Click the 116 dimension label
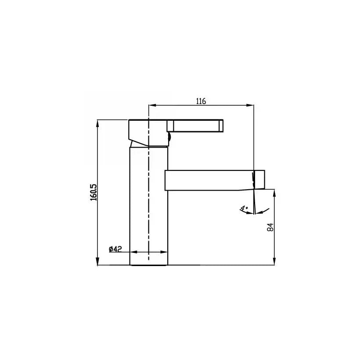coord(201,101)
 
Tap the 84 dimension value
coord(271,227)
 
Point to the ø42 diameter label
coord(115,249)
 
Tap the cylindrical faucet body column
coord(149,206)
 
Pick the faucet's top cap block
coord(147,132)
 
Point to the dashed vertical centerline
coord(149,198)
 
